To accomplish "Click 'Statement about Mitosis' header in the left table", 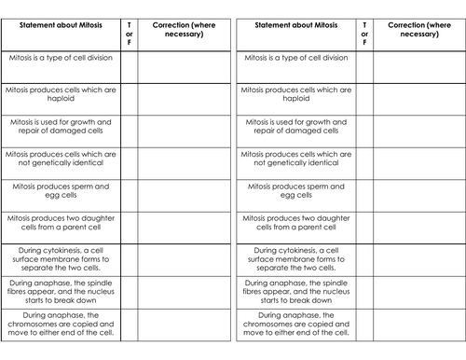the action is coord(61,22).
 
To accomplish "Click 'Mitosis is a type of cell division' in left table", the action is coord(61,58).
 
